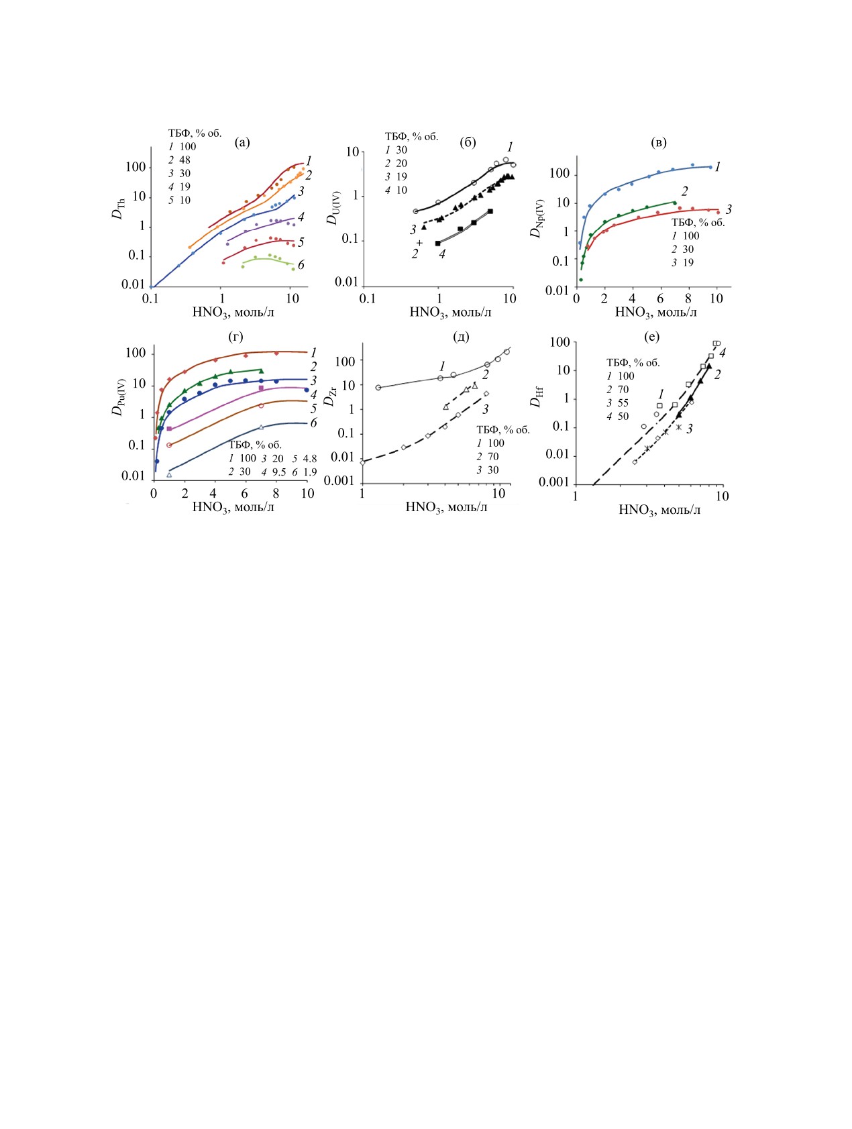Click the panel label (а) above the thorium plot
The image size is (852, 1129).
click(x=242, y=142)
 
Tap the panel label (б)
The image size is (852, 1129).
click(x=468, y=142)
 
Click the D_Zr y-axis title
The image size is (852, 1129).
click(x=329, y=396)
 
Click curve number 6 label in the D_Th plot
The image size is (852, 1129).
click(x=301, y=265)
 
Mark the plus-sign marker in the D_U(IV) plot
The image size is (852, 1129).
click(x=420, y=242)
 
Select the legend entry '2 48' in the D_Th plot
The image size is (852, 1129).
click(x=179, y=160)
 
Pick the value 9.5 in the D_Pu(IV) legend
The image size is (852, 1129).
click(x=279, y=472)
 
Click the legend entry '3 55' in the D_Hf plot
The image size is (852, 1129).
click(x=618, y=402)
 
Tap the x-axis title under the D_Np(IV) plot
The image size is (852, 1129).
click(x=655, y=312)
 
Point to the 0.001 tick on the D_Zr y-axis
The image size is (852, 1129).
click(x=339, y=480)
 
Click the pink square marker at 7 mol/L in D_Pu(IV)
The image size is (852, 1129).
click(x=261, y=388)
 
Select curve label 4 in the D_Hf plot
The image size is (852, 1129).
click(x=723, y=353)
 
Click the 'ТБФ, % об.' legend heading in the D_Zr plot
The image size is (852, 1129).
click(x=503, y=429)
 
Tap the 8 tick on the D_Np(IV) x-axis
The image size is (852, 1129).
click(x=688, y=299)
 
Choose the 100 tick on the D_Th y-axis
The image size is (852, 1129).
click(x=136, y=166)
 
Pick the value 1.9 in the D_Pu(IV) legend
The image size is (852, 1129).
click(x=309, y=472)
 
